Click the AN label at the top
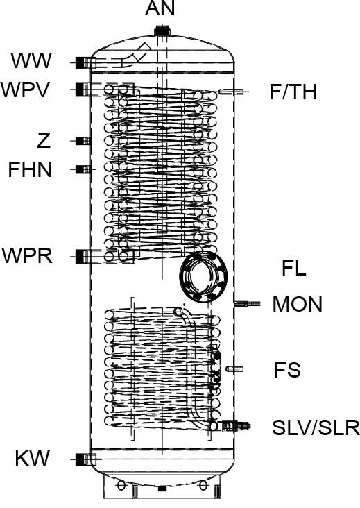coord(160,8)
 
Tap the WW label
coord(31,60)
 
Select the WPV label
coord(26,90)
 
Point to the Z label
coord(44,141)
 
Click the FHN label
coord(30,169)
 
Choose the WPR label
coord(27,255)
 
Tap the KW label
coord(33,458)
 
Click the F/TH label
coord(293,92)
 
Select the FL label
coord(293,269)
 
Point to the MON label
coord(298,304)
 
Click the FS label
coord(287,370)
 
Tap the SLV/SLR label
coord(316,427)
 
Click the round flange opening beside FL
coord(204,276)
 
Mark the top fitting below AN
coord(162,31)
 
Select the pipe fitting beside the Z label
coord(83,141)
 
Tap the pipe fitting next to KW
coord(83,459)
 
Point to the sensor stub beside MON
coord(248,303)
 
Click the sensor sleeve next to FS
coord(235,369)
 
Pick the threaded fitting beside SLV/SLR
coord(234,425)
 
